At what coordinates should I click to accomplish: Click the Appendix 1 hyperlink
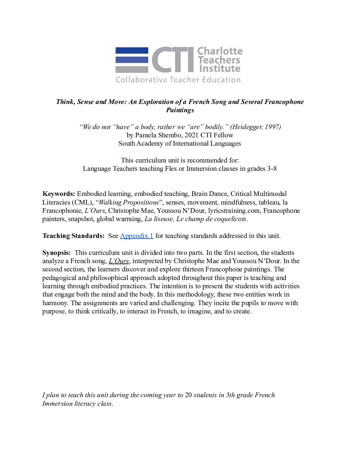click(x=136, y=236)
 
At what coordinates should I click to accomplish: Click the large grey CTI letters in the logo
click(x=173, y=60)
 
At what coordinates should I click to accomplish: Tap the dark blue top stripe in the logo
click(x=132, y=51)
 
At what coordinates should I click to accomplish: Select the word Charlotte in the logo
click(x=220, y=51)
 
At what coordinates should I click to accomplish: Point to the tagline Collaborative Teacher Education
click(x=178, y=80)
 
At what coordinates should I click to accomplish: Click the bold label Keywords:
click(x=59, y=194)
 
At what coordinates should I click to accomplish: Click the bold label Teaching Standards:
click(x=73, y=236)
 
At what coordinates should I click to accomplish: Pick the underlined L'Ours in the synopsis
click(x=118, y=261)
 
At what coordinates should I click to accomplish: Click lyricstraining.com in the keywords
click(x=234, y=210)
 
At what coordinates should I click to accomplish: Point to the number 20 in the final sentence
click(x=188, y=395)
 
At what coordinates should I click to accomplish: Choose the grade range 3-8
click(x=272, y=168)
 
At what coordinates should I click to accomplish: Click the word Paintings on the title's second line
click(x=180, y=110)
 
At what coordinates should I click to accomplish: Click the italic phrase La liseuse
click(x=159, y=219)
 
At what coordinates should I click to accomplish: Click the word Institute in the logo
click(x=220, y=69)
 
